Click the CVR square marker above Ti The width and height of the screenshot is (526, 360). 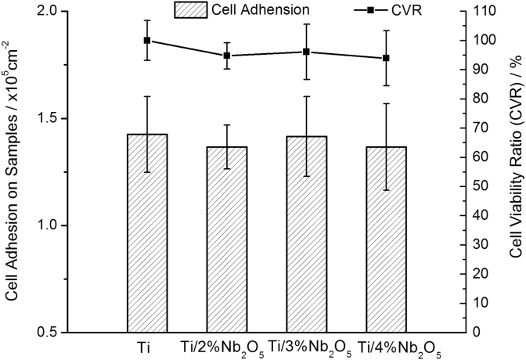point(147,41)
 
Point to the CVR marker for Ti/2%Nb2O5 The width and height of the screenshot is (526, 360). point(227,56)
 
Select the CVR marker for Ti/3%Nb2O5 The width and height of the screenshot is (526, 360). point(307,52)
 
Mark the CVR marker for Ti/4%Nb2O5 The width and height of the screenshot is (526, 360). point(387,58)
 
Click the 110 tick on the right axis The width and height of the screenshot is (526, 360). point(480,13)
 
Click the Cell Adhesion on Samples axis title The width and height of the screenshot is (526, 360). point(13,172)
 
